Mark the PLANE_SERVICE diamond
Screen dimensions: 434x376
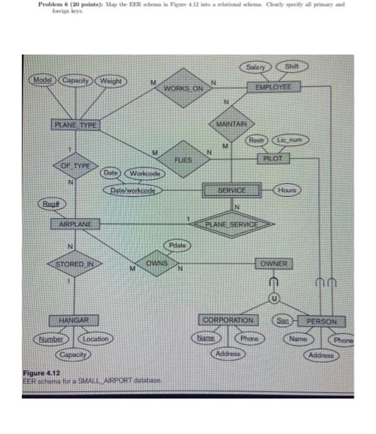coord(232,223)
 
